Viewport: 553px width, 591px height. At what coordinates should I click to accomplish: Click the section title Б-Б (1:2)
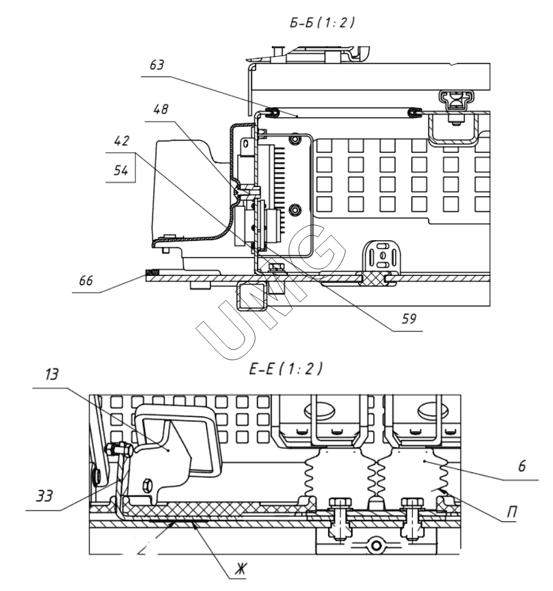(322, 23)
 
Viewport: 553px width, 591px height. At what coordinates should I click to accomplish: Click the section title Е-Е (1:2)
(286, 368)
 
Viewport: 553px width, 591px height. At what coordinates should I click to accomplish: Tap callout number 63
(157, 65)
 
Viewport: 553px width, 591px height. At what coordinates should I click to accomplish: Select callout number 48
(161, 109)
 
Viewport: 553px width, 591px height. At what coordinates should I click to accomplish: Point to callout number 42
(122, 141)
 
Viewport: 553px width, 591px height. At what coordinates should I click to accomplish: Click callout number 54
(121, 170)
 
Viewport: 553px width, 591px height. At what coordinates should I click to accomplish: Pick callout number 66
(86, 281)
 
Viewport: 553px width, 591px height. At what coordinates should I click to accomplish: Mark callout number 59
(409, 319)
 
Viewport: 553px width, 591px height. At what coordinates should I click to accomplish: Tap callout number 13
(51, 374)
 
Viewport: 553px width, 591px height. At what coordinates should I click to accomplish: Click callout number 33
(44, 496)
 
